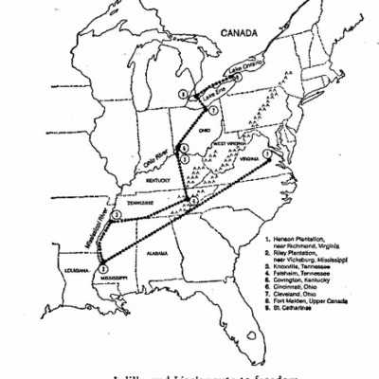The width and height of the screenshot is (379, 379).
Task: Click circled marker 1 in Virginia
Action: click(x=268, y=154)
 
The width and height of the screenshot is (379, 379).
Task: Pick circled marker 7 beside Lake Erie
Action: click(x=216, y=111)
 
